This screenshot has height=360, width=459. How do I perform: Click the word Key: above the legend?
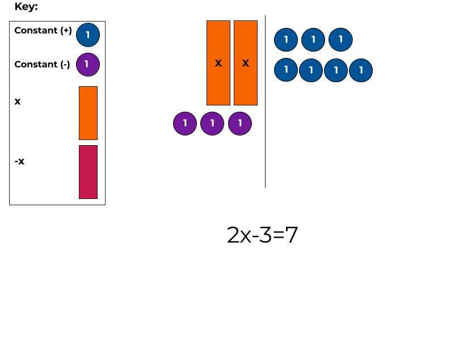(26, 7)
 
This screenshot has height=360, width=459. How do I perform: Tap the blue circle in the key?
(88, 35)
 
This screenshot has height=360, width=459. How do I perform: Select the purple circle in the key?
(87, 65)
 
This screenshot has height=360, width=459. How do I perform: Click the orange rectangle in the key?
(88, 113)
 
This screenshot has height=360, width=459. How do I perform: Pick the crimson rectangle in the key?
(88, 172)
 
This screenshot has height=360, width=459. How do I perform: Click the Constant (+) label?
(43, 31)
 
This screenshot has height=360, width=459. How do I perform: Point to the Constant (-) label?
(42, 65)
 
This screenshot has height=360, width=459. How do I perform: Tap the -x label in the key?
(19, 162)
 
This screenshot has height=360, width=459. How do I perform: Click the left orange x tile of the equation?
(218, 63)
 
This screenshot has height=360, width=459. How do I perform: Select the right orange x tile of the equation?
(246, 63)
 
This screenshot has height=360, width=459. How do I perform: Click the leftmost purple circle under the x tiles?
(185, 123)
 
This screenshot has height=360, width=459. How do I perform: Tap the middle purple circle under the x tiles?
(212, 123)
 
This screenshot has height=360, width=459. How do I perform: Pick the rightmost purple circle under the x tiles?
(240, 123)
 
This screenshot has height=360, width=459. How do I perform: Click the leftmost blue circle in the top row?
(286, 40)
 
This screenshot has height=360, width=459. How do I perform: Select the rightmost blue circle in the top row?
(340, 40)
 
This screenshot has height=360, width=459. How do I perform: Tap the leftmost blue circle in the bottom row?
(286, 70)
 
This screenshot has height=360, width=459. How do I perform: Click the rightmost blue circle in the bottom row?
(361, 70)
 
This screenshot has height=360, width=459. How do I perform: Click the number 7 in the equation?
(292, 235)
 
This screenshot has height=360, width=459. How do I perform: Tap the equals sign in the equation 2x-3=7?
(279, 235)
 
